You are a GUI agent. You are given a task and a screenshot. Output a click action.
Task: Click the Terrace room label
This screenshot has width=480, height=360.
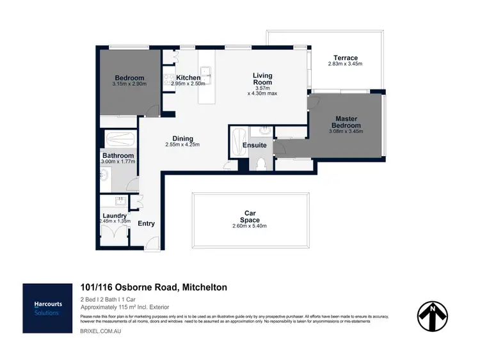[x=345, y=58]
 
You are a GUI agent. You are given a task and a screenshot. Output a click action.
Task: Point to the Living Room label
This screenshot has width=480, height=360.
[x=262, y=79]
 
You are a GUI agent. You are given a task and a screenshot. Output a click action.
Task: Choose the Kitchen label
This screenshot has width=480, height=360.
[x=189, y=77]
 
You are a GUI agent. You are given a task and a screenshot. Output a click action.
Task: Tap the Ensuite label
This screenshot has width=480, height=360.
[x=254, y=145]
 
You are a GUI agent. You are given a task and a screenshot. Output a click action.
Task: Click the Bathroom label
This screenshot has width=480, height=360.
[x=118, y=155]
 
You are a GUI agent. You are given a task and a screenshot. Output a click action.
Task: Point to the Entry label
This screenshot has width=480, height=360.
[x=146, y=223]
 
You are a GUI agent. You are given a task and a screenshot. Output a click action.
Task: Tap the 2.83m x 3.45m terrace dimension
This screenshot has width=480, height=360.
[x=345, y=65]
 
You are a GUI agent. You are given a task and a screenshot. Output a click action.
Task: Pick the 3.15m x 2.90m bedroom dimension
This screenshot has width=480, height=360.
[x=129, y=84]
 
